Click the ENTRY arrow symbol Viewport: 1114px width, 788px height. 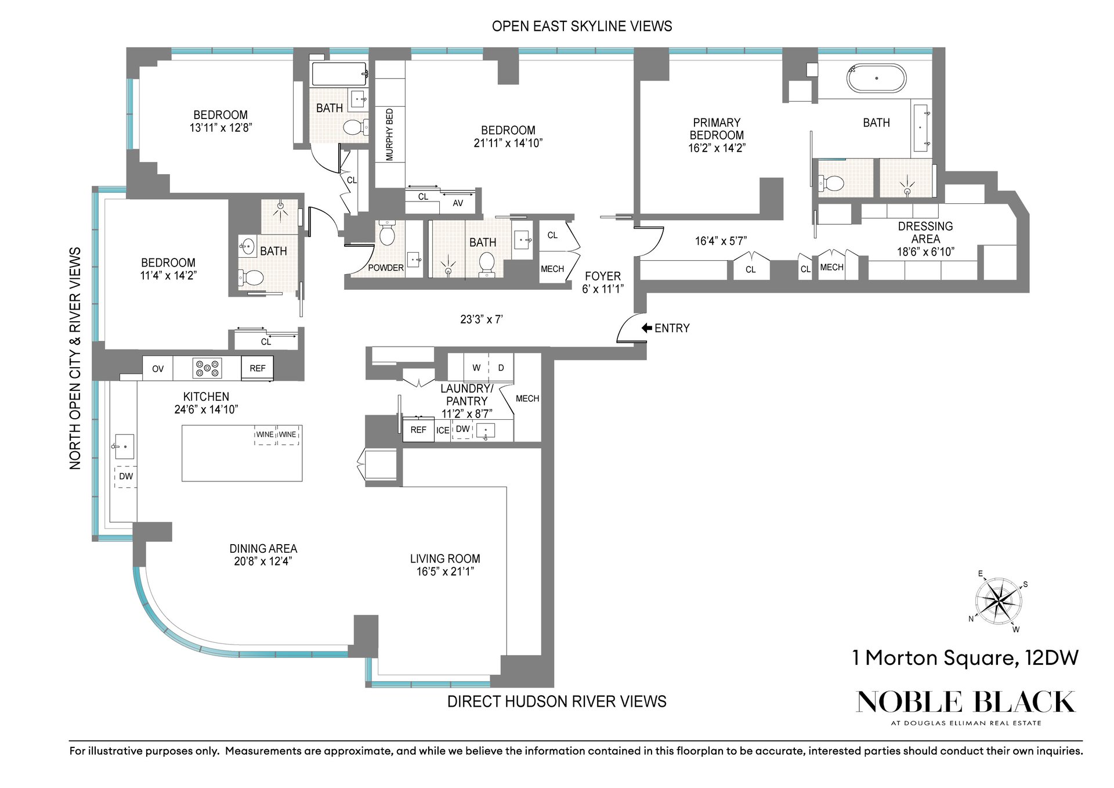[x=646, y=328]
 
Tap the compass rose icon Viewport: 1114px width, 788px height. [x=998, y=602]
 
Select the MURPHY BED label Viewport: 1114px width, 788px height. [x=389, y=135]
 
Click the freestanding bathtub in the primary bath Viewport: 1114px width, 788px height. [x=876, y=78]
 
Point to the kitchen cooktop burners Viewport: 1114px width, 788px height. [x=208, y=368]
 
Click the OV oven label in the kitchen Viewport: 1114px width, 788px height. [x=158, y=369]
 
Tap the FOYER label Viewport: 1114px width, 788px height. [x=603, y=276]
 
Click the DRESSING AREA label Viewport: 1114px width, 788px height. [x=925, y=232]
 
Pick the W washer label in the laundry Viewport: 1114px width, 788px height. [x=476, y=368]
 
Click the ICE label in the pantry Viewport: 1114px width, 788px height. [x=443, y=430]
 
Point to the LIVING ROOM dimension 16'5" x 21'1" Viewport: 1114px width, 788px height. [x=445, y=571]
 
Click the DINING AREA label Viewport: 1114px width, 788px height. [x=263, y=549]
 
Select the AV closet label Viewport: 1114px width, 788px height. [x=458, y=203]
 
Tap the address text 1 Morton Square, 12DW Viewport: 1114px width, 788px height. [x=965, y=658]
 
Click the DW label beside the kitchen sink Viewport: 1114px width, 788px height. [x=126, y=476]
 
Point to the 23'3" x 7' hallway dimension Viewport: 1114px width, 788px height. [x=482, y=319]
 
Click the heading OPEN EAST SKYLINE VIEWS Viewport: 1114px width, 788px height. [x=582, y=26]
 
